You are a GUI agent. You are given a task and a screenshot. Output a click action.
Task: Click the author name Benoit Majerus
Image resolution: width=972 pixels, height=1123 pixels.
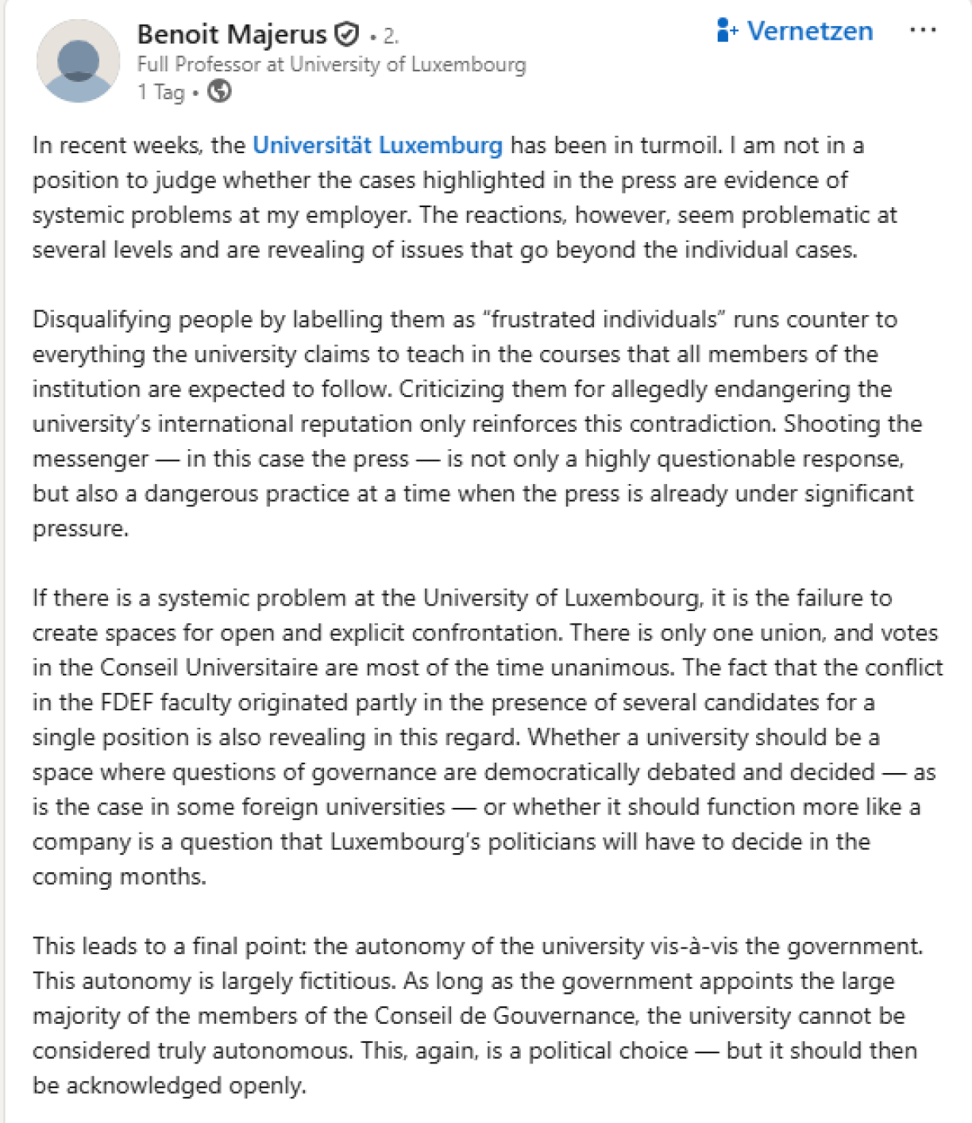[231, 34]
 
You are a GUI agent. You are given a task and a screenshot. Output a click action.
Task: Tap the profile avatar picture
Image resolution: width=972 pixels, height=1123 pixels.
[78, 62]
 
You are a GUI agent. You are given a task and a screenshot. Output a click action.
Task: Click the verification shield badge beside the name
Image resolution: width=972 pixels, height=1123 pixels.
[347, 34]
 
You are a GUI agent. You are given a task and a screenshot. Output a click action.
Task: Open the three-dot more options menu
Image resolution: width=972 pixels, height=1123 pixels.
[922, 31]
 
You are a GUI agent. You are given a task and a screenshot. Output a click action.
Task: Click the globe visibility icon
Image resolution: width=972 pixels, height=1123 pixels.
[219, 92]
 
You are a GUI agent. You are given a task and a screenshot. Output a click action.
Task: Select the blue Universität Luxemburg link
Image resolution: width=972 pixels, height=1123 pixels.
[377, 145]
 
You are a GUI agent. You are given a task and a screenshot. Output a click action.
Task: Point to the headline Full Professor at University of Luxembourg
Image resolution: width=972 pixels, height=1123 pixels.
[331, 64]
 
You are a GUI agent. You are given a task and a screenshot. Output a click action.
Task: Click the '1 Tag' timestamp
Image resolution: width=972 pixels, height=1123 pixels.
[160, 92]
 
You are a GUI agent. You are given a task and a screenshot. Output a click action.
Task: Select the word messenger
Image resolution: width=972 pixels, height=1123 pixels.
[91, 459]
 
